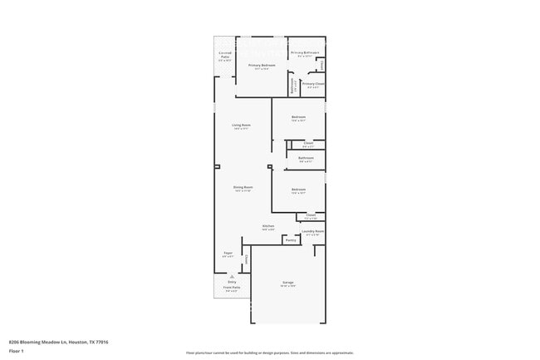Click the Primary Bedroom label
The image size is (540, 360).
click(x=262, y=65)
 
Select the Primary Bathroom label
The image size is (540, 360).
click(x=305, y=53)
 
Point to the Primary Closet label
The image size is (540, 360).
click(x=313, y=84)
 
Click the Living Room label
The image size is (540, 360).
click(x=242, y=126)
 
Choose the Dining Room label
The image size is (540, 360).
click(x=243, y=188)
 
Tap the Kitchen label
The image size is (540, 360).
click(x=268, y=226)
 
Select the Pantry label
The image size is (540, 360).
click(x=291, y=241)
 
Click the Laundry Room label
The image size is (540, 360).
click(x=313, y=232)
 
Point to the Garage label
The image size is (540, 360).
click(x=288, y=283)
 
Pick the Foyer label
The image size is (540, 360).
click(x=228, y=253)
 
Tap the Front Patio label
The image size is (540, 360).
click(x=232, y=288)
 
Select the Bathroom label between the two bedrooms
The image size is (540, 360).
click(x=306, y=158)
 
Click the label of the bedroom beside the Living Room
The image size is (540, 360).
click(x=298, y=117)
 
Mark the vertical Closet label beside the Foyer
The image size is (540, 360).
click(x=246, y=259)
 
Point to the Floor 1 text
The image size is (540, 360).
click(x=16, y=352)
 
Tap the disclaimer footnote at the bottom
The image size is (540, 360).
click(x=270, y=353)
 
